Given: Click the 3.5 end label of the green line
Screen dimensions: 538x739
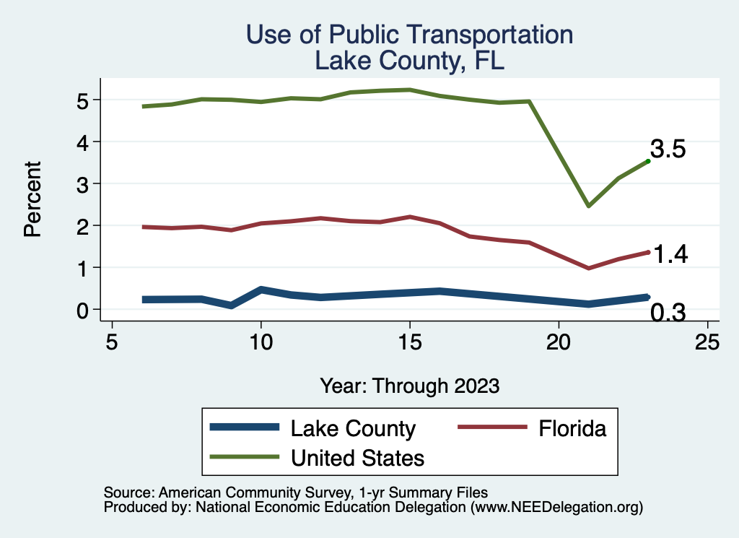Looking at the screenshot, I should [x=668, y=149].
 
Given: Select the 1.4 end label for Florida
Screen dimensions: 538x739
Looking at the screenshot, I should [x=670, y=253].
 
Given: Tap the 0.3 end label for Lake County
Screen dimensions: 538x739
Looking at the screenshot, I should [x=668, y=312].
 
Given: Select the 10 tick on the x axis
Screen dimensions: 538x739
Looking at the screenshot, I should [x=261, y=342].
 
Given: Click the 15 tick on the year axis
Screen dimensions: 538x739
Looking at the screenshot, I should [x=410, y=342].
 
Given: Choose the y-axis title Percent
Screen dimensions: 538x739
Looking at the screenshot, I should [x=32, y=199].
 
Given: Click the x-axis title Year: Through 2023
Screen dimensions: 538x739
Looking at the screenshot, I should [x=410, y=386].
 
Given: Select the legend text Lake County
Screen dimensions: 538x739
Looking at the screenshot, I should [x=353, y=429].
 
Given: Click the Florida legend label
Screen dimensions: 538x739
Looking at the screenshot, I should [x=572, y=429].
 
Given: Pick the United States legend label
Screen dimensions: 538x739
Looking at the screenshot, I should [x=357, y=458].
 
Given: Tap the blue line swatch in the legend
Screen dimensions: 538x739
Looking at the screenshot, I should [x=244, y=428].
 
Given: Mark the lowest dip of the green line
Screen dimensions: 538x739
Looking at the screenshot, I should [x=589, y=206].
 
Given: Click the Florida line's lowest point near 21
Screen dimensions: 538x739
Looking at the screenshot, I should [x=589, y=268].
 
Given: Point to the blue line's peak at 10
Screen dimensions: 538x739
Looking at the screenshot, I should [x=261, y=290].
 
